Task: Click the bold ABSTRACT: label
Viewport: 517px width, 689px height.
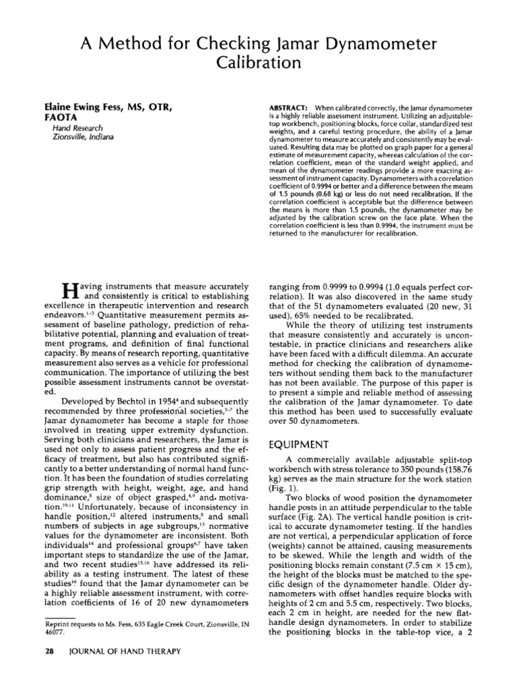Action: pyautogui.click(x=288, y=108)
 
